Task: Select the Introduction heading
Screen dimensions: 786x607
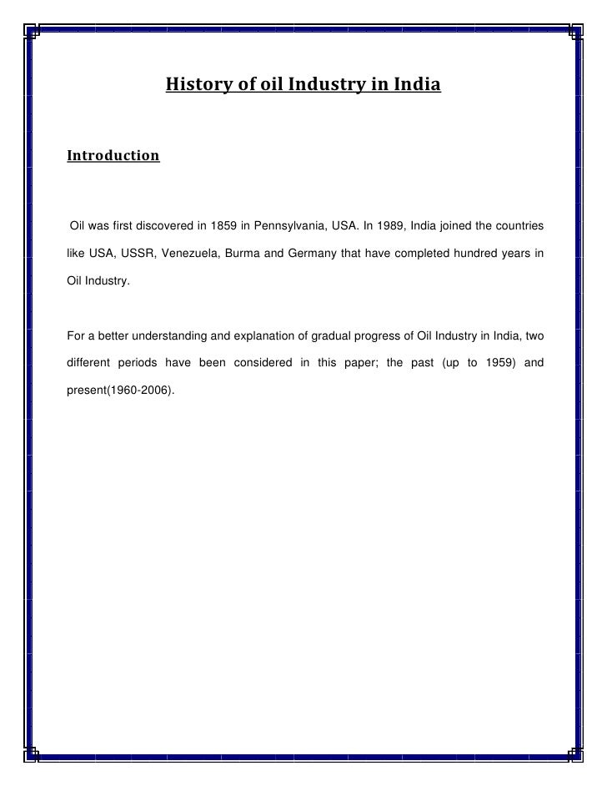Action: click(113, 155)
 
